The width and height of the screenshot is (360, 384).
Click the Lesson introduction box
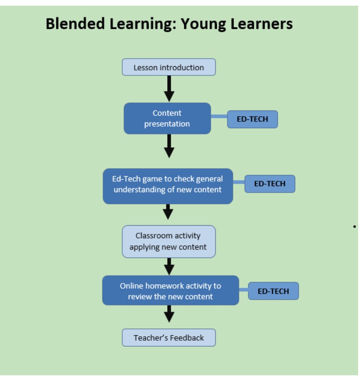click(169, 67)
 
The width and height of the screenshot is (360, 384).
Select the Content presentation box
click(167, 118)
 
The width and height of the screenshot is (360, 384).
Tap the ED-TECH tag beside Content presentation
click(252, 119)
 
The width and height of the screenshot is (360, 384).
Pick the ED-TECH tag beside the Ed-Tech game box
click(269, 184)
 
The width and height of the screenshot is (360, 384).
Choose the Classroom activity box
click(169, 241)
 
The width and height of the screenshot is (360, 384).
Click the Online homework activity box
click(170, 291)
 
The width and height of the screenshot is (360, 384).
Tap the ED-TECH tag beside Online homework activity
click(273, 291)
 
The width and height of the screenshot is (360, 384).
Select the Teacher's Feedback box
click(169, 338)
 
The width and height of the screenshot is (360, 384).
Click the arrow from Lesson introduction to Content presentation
click(169, 89)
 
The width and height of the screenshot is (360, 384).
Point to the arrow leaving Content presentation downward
click(169, 146)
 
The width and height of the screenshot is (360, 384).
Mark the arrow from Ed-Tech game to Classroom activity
click(168, 212)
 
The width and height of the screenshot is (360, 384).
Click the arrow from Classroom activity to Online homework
click(170, 266)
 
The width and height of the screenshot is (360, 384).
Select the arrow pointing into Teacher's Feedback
click(170, 314)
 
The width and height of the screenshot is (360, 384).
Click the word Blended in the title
click(75, 24)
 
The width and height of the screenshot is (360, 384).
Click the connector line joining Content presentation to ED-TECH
click(219, 116)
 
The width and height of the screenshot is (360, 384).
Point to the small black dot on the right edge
click(354, 226)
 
